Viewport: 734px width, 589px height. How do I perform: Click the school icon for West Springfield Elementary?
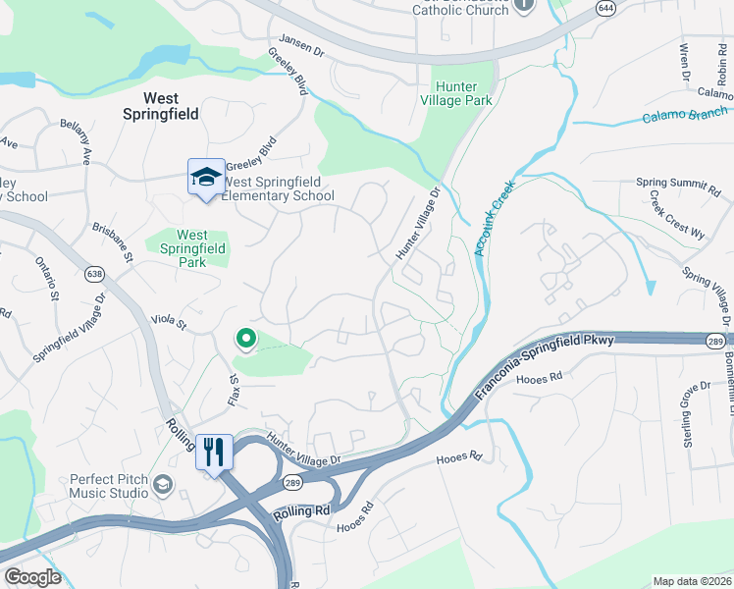click(x=206, y=178)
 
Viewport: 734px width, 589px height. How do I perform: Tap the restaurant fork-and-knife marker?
click(x=214, y=453)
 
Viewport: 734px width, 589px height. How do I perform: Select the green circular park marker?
click(x=246, y=340)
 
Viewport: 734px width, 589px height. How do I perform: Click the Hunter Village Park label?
click(x=456, y=93)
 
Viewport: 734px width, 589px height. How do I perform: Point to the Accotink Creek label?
click(x=494, y=223)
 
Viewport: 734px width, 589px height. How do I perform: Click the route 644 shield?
click(x=604, y=8)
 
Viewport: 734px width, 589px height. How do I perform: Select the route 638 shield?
click(x=94, y=273)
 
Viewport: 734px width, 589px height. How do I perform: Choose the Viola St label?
click(x=169, y=320)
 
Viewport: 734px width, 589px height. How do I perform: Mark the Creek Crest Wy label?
click(x=677, y=214)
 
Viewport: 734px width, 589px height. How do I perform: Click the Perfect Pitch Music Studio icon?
click(x=161, y=484)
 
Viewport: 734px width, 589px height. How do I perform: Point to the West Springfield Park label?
click(x=192, y=249)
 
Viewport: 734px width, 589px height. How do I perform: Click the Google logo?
click(x=33, y=576)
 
